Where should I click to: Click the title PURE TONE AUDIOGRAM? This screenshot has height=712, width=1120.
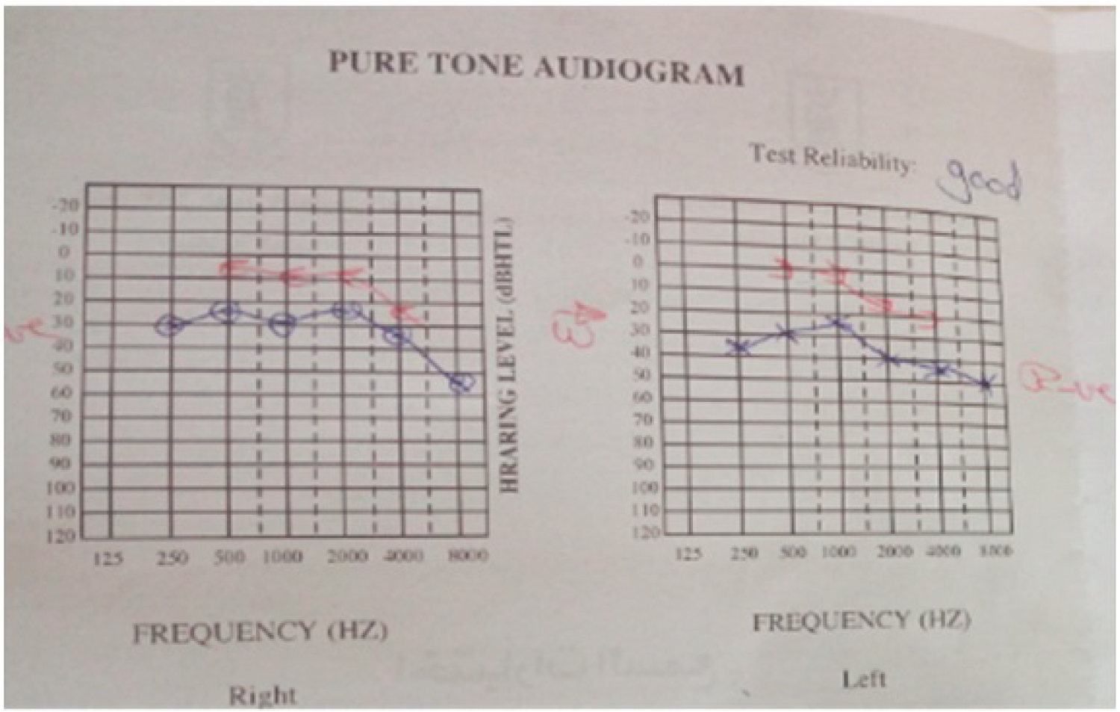point(536,68)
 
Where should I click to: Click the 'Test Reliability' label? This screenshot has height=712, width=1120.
point(831,158)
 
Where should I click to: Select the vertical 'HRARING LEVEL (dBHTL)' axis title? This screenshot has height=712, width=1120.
point(508,356)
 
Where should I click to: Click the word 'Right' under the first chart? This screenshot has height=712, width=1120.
point(262,696)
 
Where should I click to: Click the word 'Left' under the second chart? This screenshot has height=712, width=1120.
point(864,679)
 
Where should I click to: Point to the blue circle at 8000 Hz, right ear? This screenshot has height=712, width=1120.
point(462,383)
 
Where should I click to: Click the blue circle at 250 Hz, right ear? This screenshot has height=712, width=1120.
point(171,326)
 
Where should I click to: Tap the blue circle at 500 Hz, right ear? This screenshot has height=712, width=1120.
point(227,312)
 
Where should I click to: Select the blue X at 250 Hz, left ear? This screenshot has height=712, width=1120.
point(740,347)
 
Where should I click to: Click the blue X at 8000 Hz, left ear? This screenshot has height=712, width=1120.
point(986,384)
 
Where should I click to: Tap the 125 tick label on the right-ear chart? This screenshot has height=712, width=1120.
point(108,557)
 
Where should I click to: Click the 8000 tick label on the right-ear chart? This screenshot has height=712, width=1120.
point(467,555)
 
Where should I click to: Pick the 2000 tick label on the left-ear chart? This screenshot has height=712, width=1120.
point(895,551)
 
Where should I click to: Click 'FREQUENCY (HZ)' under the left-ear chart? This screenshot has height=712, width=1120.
point(861,621)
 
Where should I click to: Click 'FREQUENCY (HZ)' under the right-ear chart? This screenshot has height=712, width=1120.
point(261,632)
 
